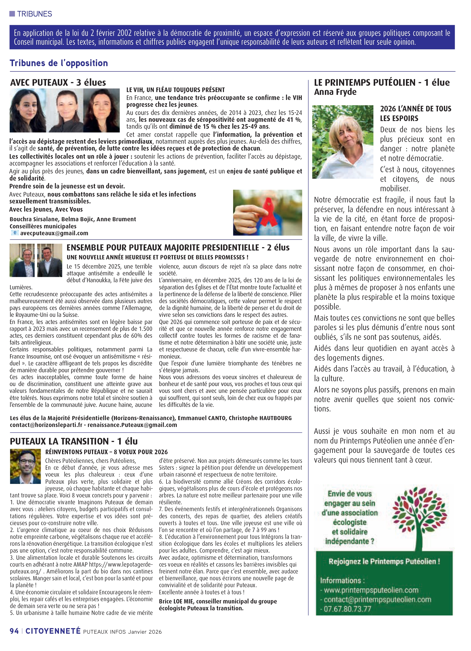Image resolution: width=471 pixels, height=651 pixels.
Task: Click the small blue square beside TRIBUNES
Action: (12, 13)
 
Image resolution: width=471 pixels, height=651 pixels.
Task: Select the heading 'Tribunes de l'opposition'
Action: (59, 63)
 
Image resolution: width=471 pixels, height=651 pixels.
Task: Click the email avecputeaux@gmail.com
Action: (54, 233)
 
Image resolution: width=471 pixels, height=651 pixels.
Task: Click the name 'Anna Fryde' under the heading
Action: (335, 92)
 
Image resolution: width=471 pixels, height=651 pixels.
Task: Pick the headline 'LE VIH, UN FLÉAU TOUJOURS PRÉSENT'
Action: (176, 90)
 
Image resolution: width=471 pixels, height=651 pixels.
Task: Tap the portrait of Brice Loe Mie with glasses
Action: (25, 466)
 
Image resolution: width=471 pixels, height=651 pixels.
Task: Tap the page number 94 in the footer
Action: (14, 631)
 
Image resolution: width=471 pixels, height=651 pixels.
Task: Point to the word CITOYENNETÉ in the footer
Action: (53, 631)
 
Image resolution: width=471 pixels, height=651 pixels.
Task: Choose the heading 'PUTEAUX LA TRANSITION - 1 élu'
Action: (74, 441)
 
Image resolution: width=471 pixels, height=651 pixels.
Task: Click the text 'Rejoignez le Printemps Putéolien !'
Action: (384, 561)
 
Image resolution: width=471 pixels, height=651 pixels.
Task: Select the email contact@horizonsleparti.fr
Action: (46, 425)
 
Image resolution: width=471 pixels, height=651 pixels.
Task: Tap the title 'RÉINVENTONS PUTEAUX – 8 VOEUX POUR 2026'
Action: (107, 452)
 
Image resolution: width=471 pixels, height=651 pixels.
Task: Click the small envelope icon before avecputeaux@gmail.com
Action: (15, 233)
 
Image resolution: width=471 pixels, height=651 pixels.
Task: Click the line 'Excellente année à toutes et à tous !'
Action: (202, 592)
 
